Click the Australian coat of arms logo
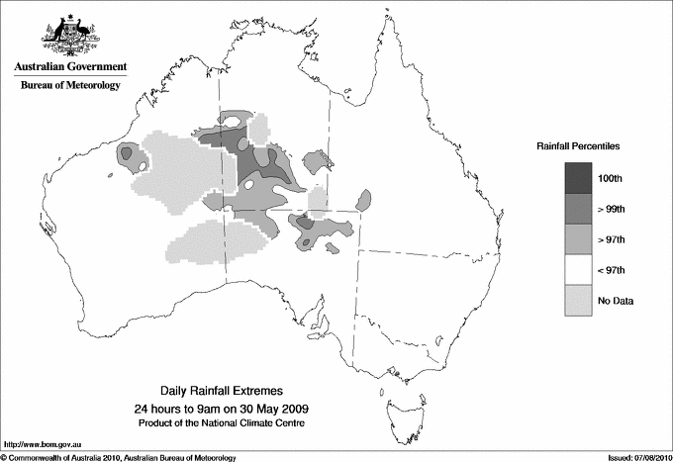pyautogui.click(x=69, y=33)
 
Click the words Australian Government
pyautogui.click(x=69, y=67)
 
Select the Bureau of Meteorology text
pyautogui.click(x=69, y=86)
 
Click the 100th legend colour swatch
pyautogui.click(x=579, y=178)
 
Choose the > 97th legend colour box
pyautogui.click(x=579, y=238)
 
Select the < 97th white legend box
pyautogui.click(x=579, y=269)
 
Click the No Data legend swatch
pyautogui.click(x=579, y=300)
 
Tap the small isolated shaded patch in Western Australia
pyautogui.click(x=127, y=153)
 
